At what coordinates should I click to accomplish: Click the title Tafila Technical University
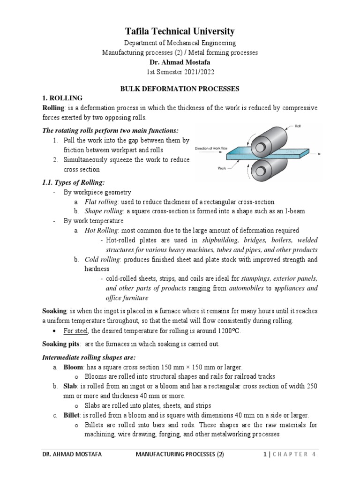180,32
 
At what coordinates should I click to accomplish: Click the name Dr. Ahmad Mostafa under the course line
180,61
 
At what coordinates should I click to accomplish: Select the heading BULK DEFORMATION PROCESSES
180,88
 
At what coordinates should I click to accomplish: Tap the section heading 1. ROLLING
62,97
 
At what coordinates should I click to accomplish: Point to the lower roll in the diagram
267,169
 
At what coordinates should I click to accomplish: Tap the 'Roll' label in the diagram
298,126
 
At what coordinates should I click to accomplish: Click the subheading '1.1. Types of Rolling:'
74,182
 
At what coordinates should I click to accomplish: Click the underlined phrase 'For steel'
74,331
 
